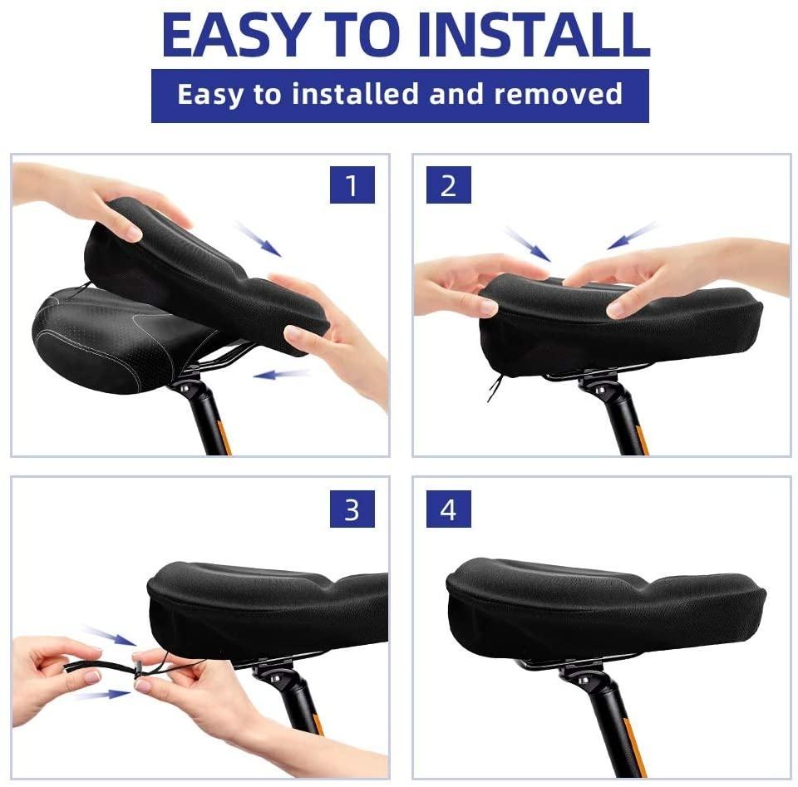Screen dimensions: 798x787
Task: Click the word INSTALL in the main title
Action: click(534, 35)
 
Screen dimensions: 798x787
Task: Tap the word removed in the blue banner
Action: click(559, 94)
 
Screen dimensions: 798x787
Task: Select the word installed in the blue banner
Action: click(357, 94)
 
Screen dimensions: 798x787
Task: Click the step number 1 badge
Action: click(352, 184)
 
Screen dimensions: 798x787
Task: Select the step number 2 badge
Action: click(448, 184)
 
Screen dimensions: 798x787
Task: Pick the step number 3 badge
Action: click(352, 509)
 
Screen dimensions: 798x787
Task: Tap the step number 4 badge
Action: click(448, 509)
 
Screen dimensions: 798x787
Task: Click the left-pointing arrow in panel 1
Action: click(282, 375)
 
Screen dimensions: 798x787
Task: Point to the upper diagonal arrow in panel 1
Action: click(259, 239)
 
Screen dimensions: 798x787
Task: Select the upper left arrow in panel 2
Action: click(527, 244)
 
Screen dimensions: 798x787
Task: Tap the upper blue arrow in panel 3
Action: click(110, 636)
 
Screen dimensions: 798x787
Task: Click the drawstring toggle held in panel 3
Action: click(137, 667)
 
